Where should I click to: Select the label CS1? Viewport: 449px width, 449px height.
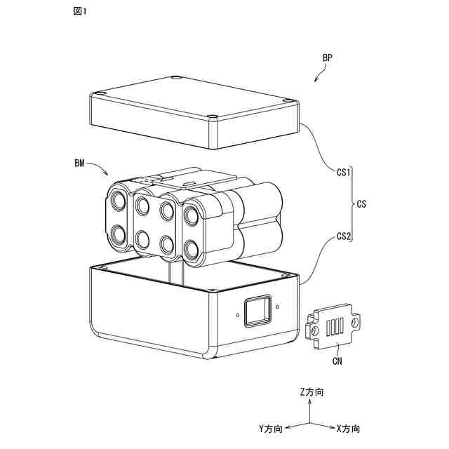click(343, 172)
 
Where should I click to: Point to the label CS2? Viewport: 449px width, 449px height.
click(343, 236)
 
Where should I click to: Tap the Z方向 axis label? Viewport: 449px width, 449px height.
click(311, 393)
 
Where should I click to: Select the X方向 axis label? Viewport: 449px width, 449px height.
click(348, 428)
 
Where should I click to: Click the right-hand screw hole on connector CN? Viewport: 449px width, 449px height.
click(356, 321)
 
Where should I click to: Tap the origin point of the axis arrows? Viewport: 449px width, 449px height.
click(307, 424)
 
